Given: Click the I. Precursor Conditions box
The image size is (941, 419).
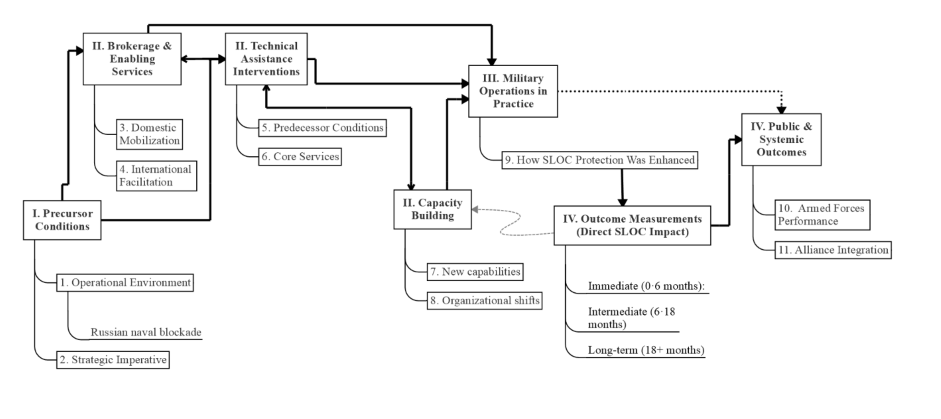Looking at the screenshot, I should [x=62, y=220].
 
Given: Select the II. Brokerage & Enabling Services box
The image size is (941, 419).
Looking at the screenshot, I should [x=132, y=59].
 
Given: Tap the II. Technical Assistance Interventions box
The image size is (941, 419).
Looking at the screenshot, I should [x=266, y=59].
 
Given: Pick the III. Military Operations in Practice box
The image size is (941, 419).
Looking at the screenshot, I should [x=513, y=91].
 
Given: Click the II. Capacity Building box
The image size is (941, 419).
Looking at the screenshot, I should [x=432, y=209].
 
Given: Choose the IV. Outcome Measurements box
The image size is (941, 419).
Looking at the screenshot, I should [x=632, y=225].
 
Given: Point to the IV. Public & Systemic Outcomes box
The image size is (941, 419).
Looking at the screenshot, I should [x=781, y=139].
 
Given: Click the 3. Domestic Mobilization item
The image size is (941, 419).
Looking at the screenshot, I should [x=149, y=134].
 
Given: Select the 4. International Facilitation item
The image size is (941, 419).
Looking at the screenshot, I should [x=156, y=176].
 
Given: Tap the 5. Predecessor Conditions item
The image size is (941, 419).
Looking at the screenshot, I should [x=322, y=128].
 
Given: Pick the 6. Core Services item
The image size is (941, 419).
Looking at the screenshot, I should [x=300, y=156].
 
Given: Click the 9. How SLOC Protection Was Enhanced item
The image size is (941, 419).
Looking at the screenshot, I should [x=600, y=160].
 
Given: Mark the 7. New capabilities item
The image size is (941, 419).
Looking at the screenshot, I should [x=475, y=272].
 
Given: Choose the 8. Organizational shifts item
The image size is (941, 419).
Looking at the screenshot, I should [x=484, y=301].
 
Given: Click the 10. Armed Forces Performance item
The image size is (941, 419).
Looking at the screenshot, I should [x=822, y=215].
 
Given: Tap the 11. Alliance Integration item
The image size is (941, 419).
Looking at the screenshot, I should [x=833, y=250].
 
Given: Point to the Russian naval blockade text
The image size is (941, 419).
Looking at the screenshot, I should [x=146, y=332].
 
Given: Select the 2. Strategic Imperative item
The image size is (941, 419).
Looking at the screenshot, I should [x=113, y=360].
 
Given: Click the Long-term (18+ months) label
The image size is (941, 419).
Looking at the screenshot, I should [x=646, y=350].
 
